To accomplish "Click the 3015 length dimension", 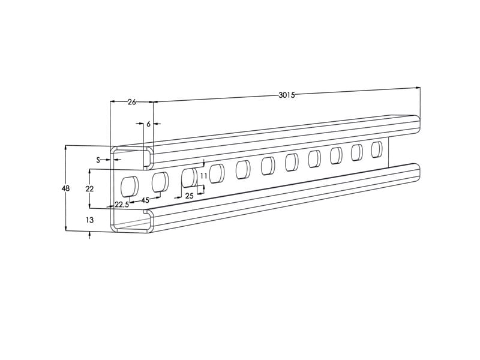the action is (287, 95).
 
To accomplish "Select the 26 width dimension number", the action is (131, 102).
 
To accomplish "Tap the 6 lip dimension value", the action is (148, 124).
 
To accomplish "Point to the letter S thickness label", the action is (98, 160).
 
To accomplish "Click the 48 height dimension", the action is (65, 188).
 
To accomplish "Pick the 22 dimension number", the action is (89, 189).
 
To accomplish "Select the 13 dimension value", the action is (89, 220).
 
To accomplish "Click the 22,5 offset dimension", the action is (122, 205).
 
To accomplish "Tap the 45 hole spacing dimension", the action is (145, 200).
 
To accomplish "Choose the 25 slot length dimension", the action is (190, 196).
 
